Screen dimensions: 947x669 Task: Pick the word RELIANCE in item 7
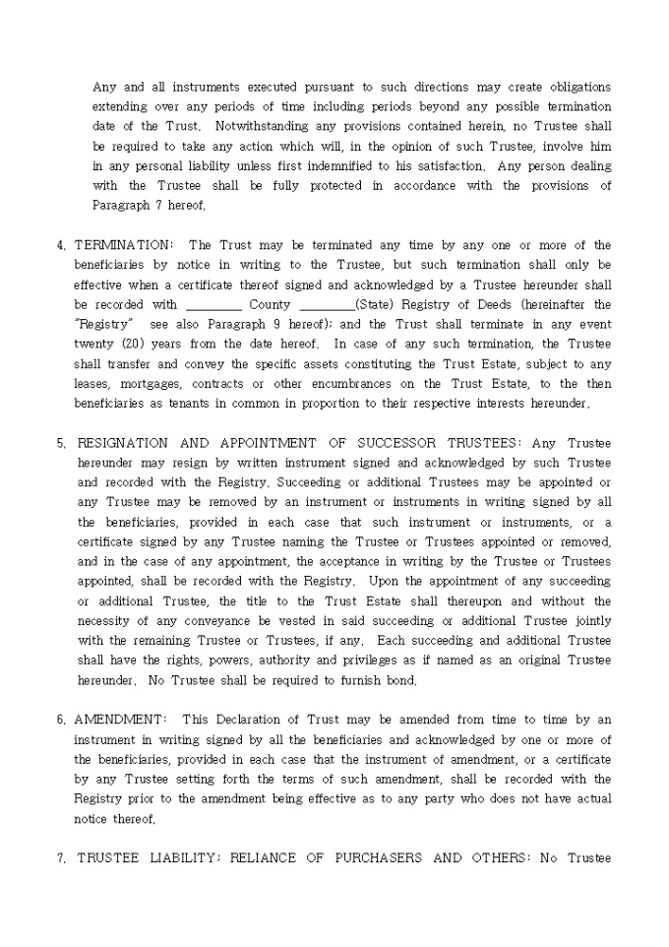point(266,858)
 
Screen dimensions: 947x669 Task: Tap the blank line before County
point(213,305)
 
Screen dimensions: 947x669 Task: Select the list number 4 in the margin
point(61,245)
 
